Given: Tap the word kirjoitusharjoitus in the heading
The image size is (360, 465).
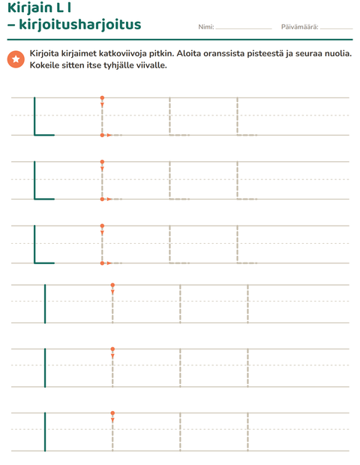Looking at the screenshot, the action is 80,25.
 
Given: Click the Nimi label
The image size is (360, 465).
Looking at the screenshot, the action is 206,27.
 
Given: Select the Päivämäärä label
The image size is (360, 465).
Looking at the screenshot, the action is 300,27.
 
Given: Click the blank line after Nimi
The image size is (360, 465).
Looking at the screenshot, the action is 244,28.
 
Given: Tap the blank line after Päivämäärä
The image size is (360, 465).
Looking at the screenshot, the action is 336,28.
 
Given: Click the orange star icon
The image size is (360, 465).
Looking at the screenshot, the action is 16,59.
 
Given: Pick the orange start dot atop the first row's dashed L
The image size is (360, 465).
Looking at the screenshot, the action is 102,97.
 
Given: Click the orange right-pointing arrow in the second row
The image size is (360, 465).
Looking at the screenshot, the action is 109,199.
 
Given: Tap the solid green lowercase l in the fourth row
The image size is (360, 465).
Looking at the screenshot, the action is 45,304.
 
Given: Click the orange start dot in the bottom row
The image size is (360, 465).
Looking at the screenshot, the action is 112,413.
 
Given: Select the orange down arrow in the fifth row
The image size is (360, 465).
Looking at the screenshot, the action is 112,356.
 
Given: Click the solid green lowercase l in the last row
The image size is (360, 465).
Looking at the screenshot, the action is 45,432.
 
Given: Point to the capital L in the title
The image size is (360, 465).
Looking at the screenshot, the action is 60,8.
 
